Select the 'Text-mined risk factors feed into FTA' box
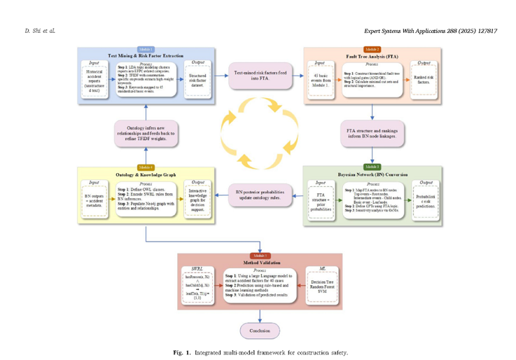[x=258, y=76]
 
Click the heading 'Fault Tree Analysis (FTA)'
[x=372, y=56]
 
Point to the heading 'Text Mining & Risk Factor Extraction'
[x=146, y=55]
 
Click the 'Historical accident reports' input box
[x=94, y=83]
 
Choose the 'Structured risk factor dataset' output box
[x=198, y=84]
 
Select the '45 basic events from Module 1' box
[x=320, y=80]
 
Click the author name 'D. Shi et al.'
[x=39, y=31]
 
